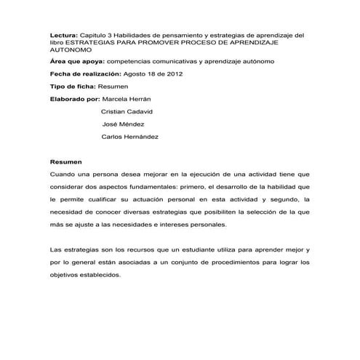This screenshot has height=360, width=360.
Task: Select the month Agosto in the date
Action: pyautogui.click(x=138, y=74)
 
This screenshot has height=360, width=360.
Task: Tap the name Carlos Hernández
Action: pyautogui.click(x=130, y=137)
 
